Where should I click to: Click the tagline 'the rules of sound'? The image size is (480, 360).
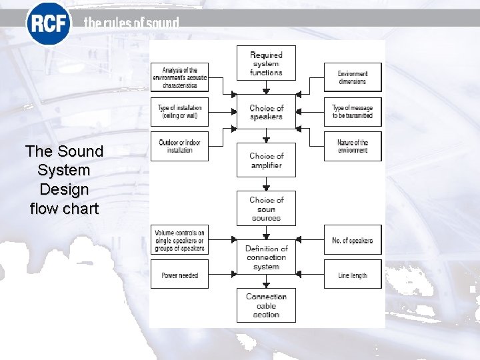click(x=131, y=23)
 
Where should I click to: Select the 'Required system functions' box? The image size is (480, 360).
click(x=266, y=63)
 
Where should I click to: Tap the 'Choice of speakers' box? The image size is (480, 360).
click(x=266, y=112)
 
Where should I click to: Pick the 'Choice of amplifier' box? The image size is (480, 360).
click(x=266, y=161)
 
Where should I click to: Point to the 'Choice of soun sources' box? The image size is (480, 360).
click(x=266, y=209)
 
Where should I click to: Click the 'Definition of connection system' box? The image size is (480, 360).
click(x=266, y=257)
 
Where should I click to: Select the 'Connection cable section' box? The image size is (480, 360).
click(x=266, y=305)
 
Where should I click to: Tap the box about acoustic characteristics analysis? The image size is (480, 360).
click(x=179, y=78)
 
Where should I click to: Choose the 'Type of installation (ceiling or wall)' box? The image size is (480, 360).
click(x=179, y=112)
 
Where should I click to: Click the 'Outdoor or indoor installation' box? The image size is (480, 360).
click(x=179, y=146)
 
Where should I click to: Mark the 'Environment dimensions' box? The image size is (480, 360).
click(x=353, y=77)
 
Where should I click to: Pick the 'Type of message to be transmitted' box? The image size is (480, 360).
click(x=353, y=112)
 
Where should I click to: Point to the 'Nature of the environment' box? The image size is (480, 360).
click(x=353, y=146)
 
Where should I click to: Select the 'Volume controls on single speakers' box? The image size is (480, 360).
click(x=179, y=241)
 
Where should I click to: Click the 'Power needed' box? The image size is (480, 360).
click(x=179, y=275)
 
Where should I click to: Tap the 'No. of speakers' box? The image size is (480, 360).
click(x=353, y=241)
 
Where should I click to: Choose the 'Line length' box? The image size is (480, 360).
click(x=353, y=275)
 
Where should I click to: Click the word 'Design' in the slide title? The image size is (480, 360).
click(x=64, y=189)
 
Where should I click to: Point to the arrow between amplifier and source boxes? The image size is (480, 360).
click(x=266, y=185)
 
